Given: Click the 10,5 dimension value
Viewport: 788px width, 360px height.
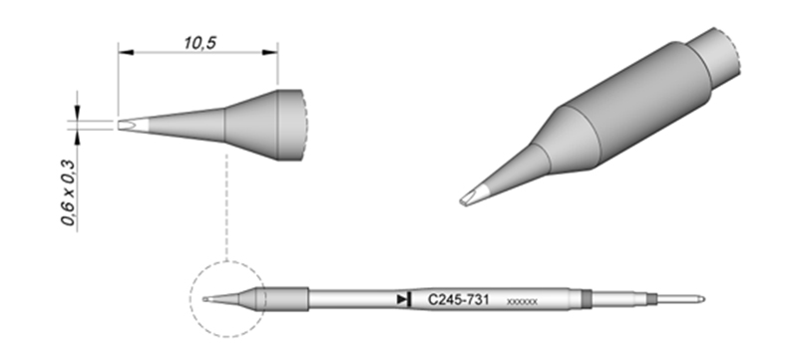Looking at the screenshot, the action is coord(199,43).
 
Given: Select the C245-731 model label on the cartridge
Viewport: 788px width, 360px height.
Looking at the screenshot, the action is coord(458,300).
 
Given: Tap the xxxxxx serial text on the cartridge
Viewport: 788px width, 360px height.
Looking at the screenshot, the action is coord(523,302).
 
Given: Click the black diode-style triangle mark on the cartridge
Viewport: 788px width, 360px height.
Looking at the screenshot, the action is coord(404,299).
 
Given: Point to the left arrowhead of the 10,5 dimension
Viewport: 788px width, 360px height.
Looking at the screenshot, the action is coord(126,52).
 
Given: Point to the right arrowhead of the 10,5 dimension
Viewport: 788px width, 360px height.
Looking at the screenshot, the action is coord(270,52).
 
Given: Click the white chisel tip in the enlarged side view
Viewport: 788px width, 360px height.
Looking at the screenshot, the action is coord(133,125).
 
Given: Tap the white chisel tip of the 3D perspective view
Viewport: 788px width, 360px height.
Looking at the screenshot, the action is coord(474,194).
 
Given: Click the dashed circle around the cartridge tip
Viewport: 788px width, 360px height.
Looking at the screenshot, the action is coord(190,299).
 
